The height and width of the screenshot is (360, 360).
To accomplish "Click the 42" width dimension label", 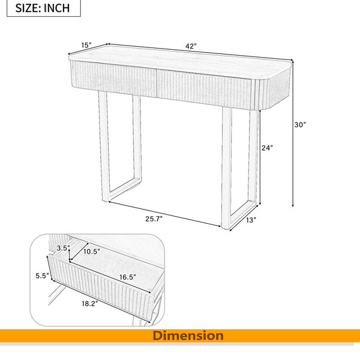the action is coord(191,46).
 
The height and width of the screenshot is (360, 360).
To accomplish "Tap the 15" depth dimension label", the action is coord(86,45).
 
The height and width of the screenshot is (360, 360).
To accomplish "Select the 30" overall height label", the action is coord(301,125).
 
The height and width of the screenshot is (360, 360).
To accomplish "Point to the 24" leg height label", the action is coord(267,148).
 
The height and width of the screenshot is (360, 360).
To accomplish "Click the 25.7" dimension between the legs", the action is coord(154,219).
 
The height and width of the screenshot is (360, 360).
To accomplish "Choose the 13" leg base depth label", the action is coord(251,220).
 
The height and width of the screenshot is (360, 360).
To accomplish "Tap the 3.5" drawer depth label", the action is coord(64,248).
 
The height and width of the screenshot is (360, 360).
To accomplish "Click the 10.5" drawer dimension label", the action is coord(92,251).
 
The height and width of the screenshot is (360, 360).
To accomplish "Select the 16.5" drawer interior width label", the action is coord(128,277).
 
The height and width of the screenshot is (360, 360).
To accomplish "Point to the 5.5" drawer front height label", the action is coord(43,275).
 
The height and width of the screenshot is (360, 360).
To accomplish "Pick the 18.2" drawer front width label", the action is coord(90,304).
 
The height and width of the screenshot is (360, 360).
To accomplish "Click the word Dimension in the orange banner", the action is coord(188,335).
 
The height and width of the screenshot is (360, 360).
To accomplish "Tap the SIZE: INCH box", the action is coord(44,8).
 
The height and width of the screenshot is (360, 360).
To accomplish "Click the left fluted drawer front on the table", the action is coord(114,78).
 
